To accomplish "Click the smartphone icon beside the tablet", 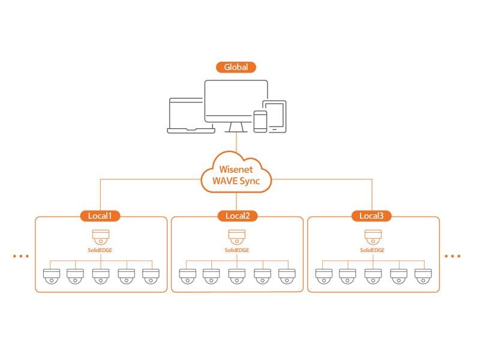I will point(260,121).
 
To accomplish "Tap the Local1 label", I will point(100,215).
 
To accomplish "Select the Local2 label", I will point(236,215).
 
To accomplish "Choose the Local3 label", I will point(372,215).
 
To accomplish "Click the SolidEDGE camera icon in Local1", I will point(100,236).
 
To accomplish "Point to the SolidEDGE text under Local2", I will point(236,250).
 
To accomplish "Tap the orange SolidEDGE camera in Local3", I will point(372,236).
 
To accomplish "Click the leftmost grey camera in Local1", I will point(52,276).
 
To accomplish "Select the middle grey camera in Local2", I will point(236,276).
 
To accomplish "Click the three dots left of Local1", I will point(20,256).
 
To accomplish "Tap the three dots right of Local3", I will point(453,256).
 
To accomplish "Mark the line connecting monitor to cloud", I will point(236,144).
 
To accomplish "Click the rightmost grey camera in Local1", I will point(151,276).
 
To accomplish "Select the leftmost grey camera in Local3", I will point(323,276).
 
